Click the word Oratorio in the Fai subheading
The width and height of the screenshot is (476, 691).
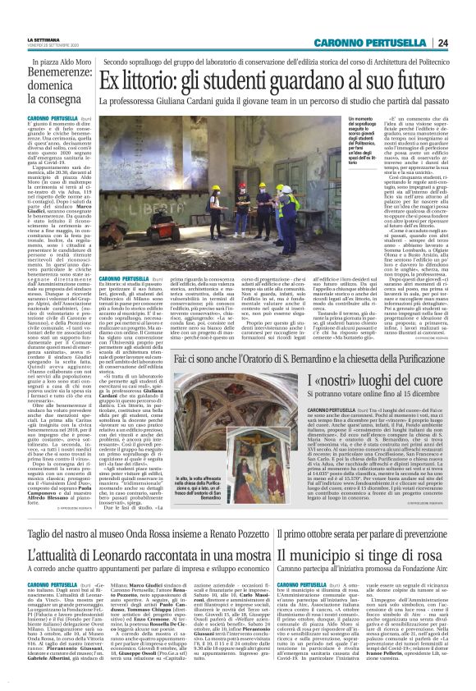coord(278,358)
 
